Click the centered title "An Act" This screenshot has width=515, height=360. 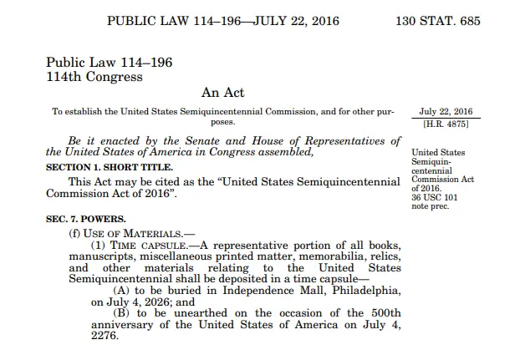click(222, 91)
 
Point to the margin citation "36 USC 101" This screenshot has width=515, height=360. click(437, 197)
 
